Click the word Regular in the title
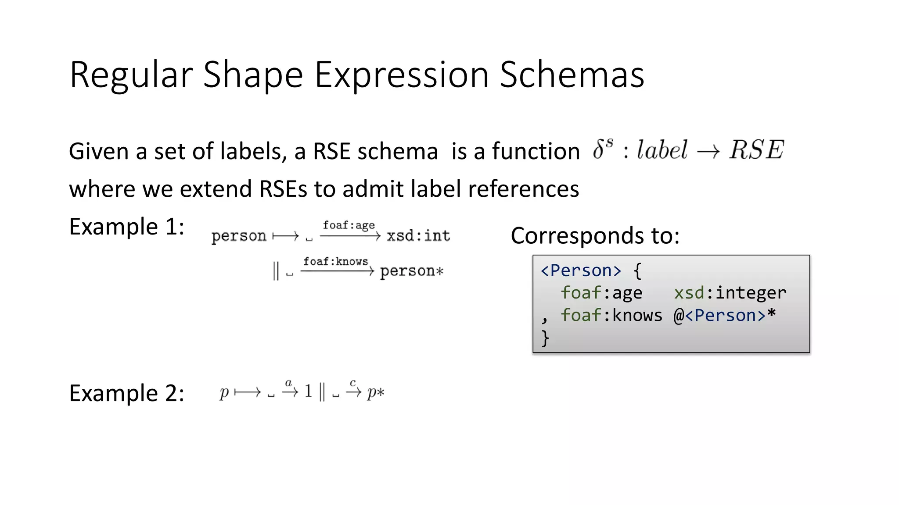(131, 75)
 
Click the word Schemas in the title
(572, 75)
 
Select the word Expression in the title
(401, 75)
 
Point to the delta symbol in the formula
(598, 150)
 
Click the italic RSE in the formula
(756, 150)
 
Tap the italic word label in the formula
(662, 150)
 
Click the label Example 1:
(126, 227)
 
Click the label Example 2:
(126, 393)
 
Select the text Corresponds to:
(595, 236)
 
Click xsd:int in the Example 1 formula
(418, 236)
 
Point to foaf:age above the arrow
(349, 225)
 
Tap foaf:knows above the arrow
(336, 262)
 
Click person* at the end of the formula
(412, 271)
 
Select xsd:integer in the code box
(730, 293)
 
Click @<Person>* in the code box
(725, 316)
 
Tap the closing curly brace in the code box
(545, 338)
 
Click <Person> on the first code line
(581, 270)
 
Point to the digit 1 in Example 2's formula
(308, 391)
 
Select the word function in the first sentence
(536, 152)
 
